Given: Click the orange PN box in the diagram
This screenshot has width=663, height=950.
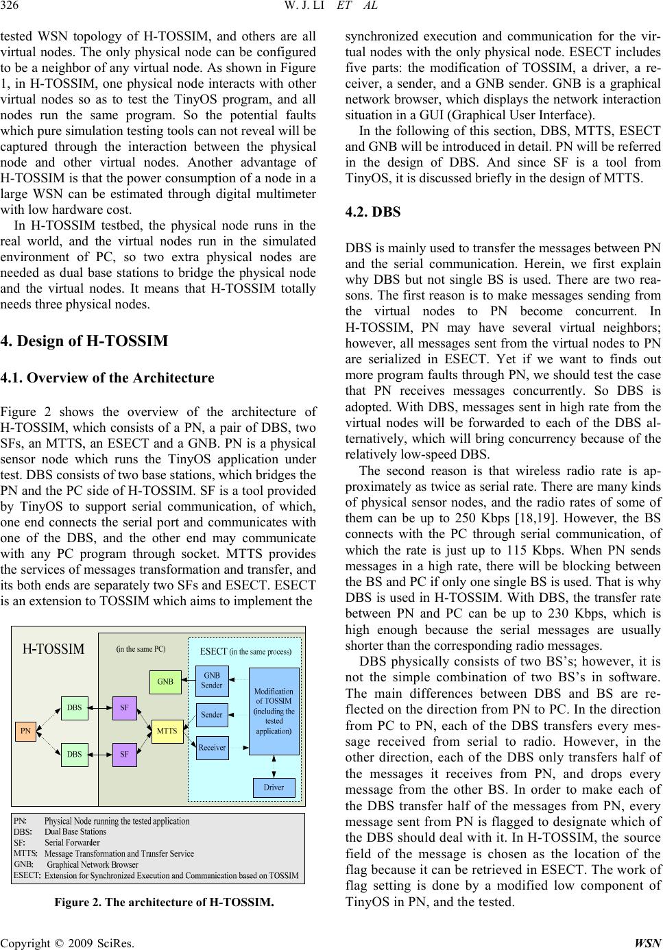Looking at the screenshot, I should [26, 731].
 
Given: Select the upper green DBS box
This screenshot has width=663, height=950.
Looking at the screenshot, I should [75, 707].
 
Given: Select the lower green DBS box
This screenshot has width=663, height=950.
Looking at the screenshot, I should [75, 754].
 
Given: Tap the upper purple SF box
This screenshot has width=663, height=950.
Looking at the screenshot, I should [124, 707].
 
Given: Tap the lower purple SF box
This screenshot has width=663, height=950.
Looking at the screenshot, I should [124, 754].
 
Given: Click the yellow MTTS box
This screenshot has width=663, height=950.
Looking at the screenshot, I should [167, 731].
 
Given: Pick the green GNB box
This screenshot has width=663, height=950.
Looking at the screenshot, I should [165, 682].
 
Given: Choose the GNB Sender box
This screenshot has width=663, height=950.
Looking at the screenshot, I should [212, 681].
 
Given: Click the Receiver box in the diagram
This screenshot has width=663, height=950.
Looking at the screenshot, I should [212, 747].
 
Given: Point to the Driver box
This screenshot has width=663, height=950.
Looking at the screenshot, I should [274, 787].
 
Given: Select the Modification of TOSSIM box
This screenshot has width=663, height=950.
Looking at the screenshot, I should [274, 711].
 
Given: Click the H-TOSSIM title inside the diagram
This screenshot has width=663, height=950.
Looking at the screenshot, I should [54, 649].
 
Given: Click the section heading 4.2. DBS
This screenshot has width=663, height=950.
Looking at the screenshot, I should [373, 212].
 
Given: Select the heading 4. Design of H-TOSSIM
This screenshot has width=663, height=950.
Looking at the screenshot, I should [86, 341].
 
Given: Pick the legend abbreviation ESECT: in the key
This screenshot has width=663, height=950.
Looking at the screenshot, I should [27, 875].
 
